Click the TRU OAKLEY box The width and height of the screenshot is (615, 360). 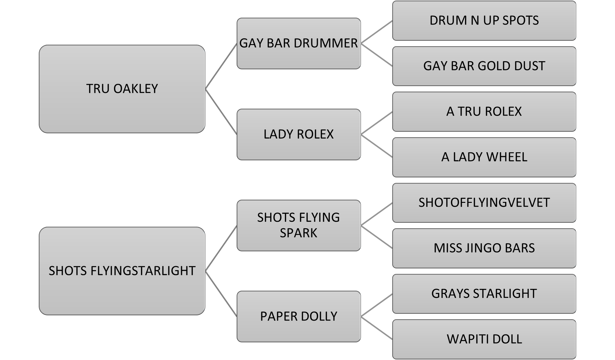click(122, 89)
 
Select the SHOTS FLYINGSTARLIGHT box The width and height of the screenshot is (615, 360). click(122, 271)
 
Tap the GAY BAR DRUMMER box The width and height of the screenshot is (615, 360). click(298, 43)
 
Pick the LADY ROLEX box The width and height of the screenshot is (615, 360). click(298, 134)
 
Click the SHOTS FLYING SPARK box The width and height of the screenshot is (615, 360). click(298, 225)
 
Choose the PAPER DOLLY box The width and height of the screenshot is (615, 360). click(298, 316)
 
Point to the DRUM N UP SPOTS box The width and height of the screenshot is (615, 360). click(484, 21)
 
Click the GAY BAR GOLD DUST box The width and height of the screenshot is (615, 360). click(484, 66)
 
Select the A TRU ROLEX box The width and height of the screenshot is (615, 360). click(484, 112)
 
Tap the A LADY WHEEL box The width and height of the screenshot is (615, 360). click(484, 157)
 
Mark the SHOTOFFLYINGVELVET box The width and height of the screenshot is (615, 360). click(484, 203)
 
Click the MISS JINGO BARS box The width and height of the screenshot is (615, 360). click(484, 248)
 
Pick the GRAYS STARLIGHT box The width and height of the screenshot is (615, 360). click(484, 294)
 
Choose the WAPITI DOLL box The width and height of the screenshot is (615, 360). click(484, 339)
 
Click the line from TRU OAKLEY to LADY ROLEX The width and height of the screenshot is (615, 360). click(221, 112)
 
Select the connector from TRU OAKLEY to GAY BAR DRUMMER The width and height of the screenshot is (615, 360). click(221, 66)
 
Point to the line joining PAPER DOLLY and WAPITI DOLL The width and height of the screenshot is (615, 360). click(376, 328)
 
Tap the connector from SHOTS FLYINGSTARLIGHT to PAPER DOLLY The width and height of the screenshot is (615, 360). click(221, 294)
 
